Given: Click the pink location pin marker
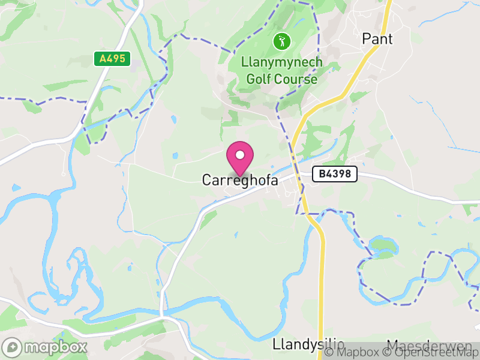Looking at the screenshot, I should pos(240,158).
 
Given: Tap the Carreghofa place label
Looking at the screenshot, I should pos(240,180).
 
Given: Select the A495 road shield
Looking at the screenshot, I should pos(112,59).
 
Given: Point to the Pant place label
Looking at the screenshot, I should pos(377,39).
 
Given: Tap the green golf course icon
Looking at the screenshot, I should pos(281,41).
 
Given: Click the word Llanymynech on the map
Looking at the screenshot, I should pos(281,63).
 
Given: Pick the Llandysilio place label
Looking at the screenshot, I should pos(308,345).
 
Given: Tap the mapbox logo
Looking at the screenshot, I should pos(45,347).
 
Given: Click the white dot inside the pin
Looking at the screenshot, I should pos(240,155).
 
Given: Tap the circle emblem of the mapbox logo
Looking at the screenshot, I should pos(12,347).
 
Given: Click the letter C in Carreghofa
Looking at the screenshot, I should pos(206,180).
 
